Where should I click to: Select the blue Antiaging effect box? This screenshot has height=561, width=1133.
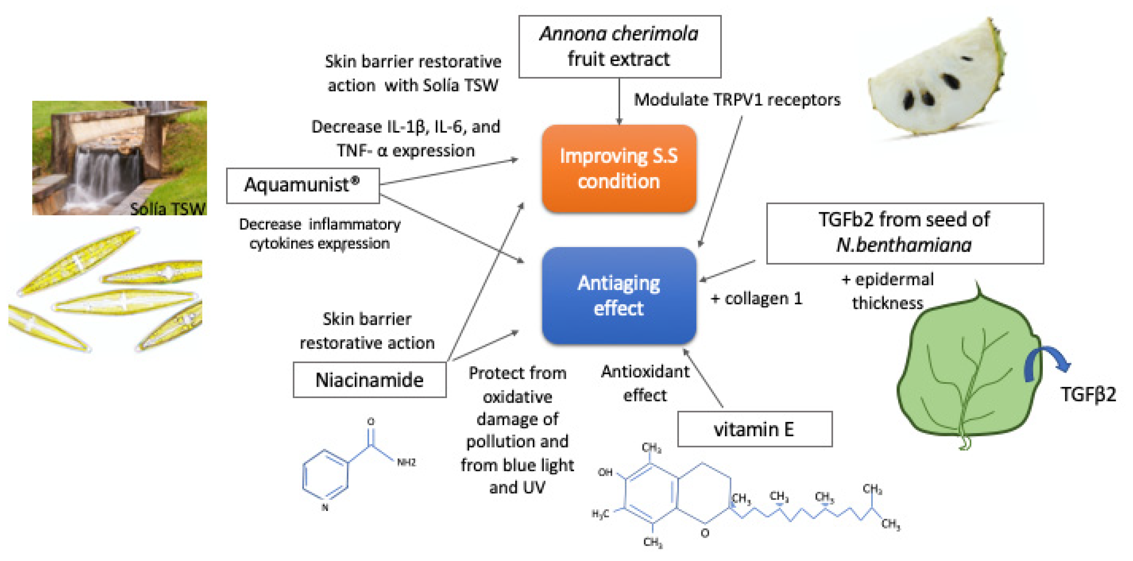coord(619,295)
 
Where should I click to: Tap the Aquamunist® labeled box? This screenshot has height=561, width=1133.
coord(303,185)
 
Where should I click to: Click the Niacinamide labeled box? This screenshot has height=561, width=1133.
coord(369,380)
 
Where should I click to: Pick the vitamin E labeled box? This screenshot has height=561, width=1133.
coord(754,429)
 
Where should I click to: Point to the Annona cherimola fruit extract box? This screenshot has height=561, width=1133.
coord(619,46)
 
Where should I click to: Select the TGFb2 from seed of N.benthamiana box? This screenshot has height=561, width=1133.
coord(904,233)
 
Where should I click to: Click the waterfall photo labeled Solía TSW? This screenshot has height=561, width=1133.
coord(119,158)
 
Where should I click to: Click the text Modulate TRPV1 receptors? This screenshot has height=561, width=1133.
coord(737,100)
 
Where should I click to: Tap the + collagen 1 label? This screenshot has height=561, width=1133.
coord(757,299)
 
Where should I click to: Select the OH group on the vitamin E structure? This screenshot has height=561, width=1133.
coord(605,472)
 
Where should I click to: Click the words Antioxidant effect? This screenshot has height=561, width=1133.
coord(645,383)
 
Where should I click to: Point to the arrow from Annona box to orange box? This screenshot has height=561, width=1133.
coord(619,101)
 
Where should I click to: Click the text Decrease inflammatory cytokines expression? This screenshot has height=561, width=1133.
coord(320,234)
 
